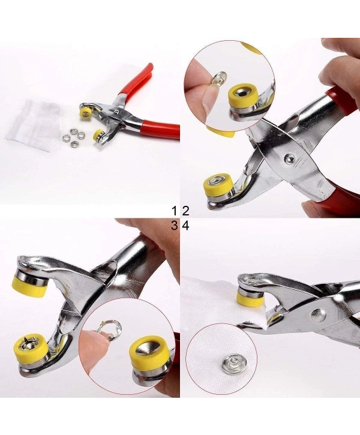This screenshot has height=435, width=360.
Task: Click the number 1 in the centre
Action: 175,211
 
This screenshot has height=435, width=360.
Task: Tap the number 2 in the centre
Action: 185,211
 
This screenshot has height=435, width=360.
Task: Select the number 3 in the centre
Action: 175,226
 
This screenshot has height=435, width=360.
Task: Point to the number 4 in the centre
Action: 185,226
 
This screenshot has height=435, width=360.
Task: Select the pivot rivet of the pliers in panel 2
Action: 290,158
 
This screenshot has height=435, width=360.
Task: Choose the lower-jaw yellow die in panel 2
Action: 216,186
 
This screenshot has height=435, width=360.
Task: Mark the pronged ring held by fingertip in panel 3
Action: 110,328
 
